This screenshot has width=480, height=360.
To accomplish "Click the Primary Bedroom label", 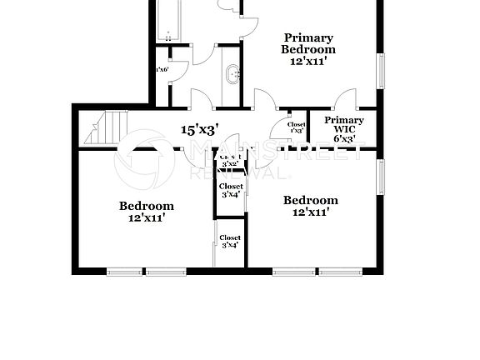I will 308,43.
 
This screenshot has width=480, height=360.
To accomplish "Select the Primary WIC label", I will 343,126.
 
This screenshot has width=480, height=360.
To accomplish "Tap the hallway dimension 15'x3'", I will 200,129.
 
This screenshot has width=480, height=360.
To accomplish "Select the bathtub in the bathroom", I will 169,21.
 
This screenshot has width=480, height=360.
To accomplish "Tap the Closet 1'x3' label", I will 296,127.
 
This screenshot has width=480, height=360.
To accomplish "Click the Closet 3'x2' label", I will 231,160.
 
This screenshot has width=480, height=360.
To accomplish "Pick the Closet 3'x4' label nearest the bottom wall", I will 230,242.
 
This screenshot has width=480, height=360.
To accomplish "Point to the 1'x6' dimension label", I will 162,70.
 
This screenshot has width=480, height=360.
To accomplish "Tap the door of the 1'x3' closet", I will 278,126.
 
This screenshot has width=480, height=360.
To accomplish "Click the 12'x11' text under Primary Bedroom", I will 308,61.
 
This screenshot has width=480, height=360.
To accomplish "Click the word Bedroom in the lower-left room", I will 146,206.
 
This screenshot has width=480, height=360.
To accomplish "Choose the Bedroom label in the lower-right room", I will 310,200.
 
